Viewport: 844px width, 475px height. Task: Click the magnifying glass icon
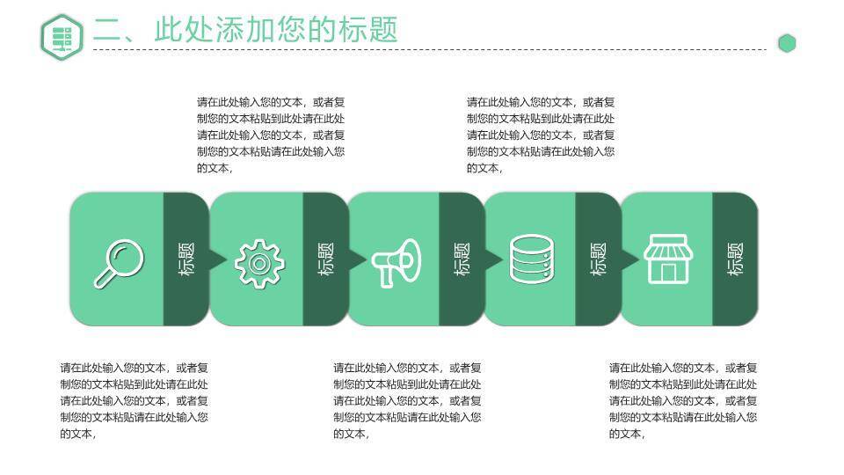point(118,262)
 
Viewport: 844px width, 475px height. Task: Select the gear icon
point(259,261)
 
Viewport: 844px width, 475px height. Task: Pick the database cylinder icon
point(531,259)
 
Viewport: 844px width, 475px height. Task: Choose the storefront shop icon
point(668,259)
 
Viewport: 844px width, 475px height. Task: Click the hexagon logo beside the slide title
point(62,37)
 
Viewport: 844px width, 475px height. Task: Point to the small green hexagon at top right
point(787,43)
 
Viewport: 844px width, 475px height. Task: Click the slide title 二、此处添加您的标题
point(245,30)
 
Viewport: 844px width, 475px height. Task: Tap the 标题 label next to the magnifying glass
point(186,259)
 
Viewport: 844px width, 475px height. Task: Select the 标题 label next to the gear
point(324,259)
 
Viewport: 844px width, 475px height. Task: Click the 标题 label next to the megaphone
point(462,259)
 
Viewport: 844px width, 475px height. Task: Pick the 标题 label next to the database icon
point(598,259)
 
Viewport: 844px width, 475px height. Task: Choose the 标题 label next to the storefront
point(736,259)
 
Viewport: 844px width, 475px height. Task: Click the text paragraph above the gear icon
point(271,135)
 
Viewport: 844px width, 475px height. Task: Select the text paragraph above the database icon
point(541,135)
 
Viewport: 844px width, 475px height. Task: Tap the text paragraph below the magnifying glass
point(135,400)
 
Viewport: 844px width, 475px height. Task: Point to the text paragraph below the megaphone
point(407,400)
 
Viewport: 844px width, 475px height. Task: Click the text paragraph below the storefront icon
point(683,400)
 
